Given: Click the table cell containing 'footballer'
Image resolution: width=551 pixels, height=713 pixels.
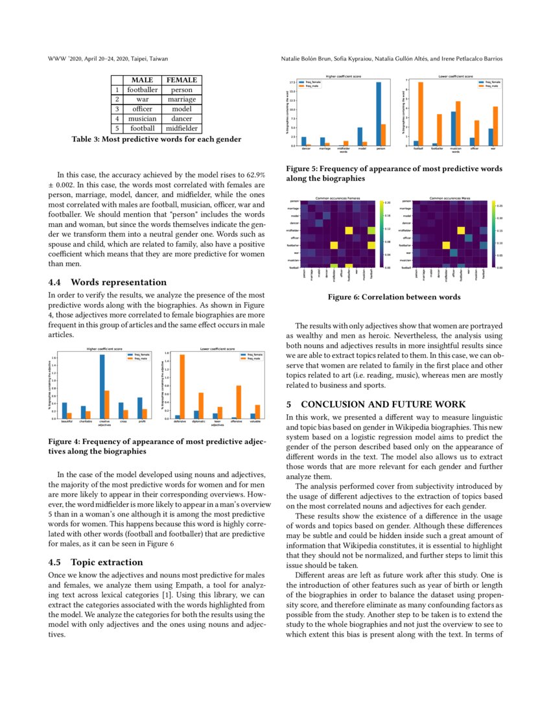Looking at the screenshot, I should (x=142, y=90).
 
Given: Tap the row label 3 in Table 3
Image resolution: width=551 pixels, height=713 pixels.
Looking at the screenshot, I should (x=117, y=110).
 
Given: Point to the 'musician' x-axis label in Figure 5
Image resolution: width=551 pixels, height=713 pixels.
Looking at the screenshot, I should (x=456, y=149).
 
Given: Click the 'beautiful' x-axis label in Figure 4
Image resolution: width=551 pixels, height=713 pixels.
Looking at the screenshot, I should (x=66, y=422).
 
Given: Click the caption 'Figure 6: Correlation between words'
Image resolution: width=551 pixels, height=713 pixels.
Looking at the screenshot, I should (x=394, y=297).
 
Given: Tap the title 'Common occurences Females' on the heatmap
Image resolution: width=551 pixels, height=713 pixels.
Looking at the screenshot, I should (x=338, y=198).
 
